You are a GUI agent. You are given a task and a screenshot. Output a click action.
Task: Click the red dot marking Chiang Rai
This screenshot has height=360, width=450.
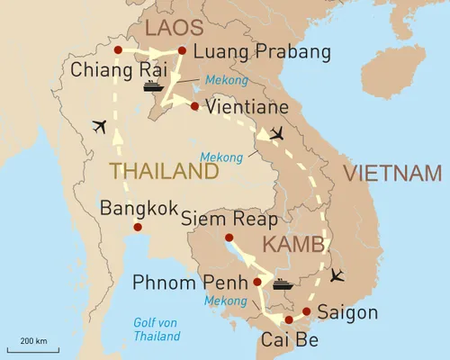coord(118,49)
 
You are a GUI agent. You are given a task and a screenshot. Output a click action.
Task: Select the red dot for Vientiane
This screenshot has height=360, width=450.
coord(194,105)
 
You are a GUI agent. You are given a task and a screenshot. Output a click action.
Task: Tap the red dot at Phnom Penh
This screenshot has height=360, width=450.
coord(257,282)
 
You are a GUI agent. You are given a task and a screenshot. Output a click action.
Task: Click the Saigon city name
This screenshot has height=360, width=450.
coord(347,313)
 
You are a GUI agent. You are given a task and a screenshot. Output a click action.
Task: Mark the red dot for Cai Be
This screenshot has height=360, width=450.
coord(288,319)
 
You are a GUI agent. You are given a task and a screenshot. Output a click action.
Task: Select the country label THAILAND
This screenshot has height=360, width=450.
coord(163,171)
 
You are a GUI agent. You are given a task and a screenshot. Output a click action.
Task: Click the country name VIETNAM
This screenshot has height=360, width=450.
coord(395,173)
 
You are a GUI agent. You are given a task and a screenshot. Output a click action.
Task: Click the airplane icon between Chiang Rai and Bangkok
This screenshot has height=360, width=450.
coord(99,126)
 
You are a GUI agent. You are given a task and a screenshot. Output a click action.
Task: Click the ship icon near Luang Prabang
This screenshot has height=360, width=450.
coord(152,85)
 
